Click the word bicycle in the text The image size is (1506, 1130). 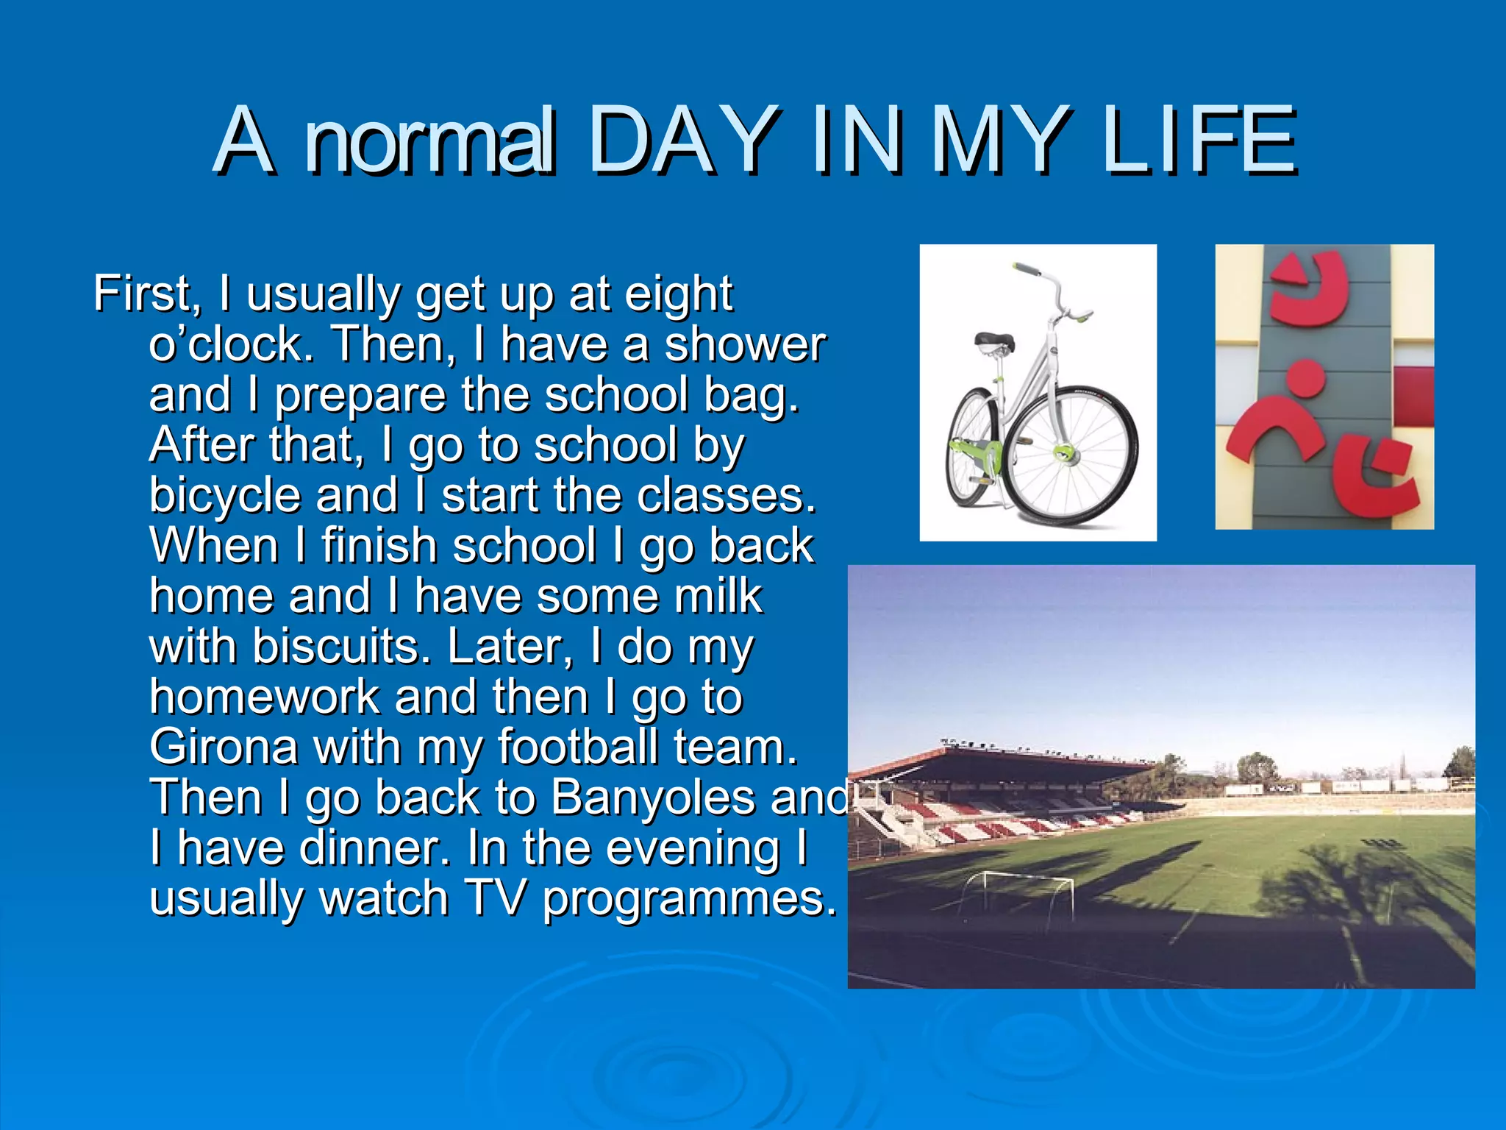[x=224, y=495]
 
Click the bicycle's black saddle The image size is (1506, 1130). [x=994, y=341]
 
